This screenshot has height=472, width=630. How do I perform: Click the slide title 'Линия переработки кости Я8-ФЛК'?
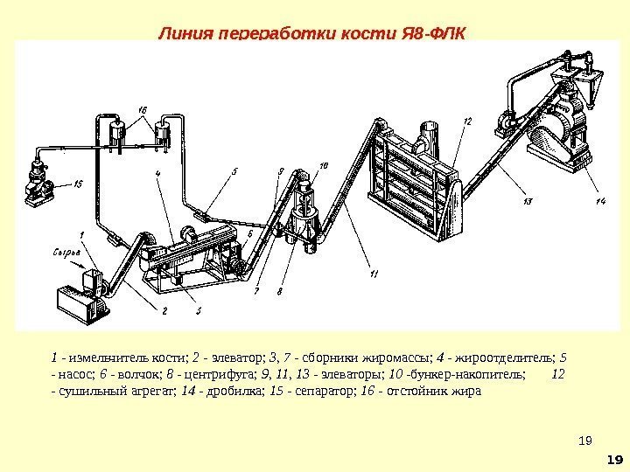pos(313,34)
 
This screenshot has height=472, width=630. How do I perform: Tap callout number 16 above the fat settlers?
pos(143,108)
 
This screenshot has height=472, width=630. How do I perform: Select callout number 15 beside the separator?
pos(78,184)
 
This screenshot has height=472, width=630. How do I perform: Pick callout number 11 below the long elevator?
pos(374,274)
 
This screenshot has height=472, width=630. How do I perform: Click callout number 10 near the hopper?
pos(324,164)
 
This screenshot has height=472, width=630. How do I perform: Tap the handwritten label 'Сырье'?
pos(65,253)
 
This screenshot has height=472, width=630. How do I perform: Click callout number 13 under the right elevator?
pos(527,202)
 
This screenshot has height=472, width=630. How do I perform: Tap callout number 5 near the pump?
pos(234,172)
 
